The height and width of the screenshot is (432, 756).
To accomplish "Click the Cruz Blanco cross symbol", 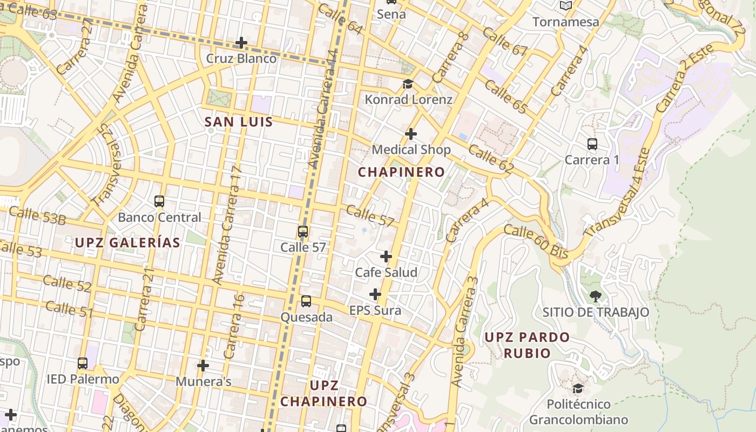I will tap(241, 43).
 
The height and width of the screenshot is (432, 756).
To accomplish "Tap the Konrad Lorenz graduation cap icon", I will tap(408, 84).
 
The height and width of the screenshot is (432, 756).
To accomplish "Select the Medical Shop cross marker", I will tap(411, 133).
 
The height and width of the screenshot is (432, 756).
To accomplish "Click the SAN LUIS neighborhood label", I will tap(239, 122).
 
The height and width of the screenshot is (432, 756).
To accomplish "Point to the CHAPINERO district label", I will tap(402, 172).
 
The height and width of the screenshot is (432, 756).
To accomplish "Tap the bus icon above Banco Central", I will tap(159, 201).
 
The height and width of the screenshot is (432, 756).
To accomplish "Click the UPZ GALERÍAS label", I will tap(127, 243).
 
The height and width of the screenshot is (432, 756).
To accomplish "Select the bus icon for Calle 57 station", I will tap(303, 232).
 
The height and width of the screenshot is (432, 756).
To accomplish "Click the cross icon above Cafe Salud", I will tap(386, 256).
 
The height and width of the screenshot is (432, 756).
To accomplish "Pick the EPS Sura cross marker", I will tap(375, 294).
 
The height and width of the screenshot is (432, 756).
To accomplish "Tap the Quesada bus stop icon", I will tap(306, 301).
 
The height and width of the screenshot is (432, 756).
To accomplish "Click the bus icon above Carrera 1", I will tap(592, 144).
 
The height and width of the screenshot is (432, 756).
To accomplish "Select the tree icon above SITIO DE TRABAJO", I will tap(596, 296).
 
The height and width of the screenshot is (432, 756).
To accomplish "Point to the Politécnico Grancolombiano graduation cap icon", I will tap(578, 388).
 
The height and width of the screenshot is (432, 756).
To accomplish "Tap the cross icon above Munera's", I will tap(203, 366).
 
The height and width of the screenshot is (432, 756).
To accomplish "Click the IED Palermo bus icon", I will tap(83, 363).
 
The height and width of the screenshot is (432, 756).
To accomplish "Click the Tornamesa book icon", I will tap(566, 6).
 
